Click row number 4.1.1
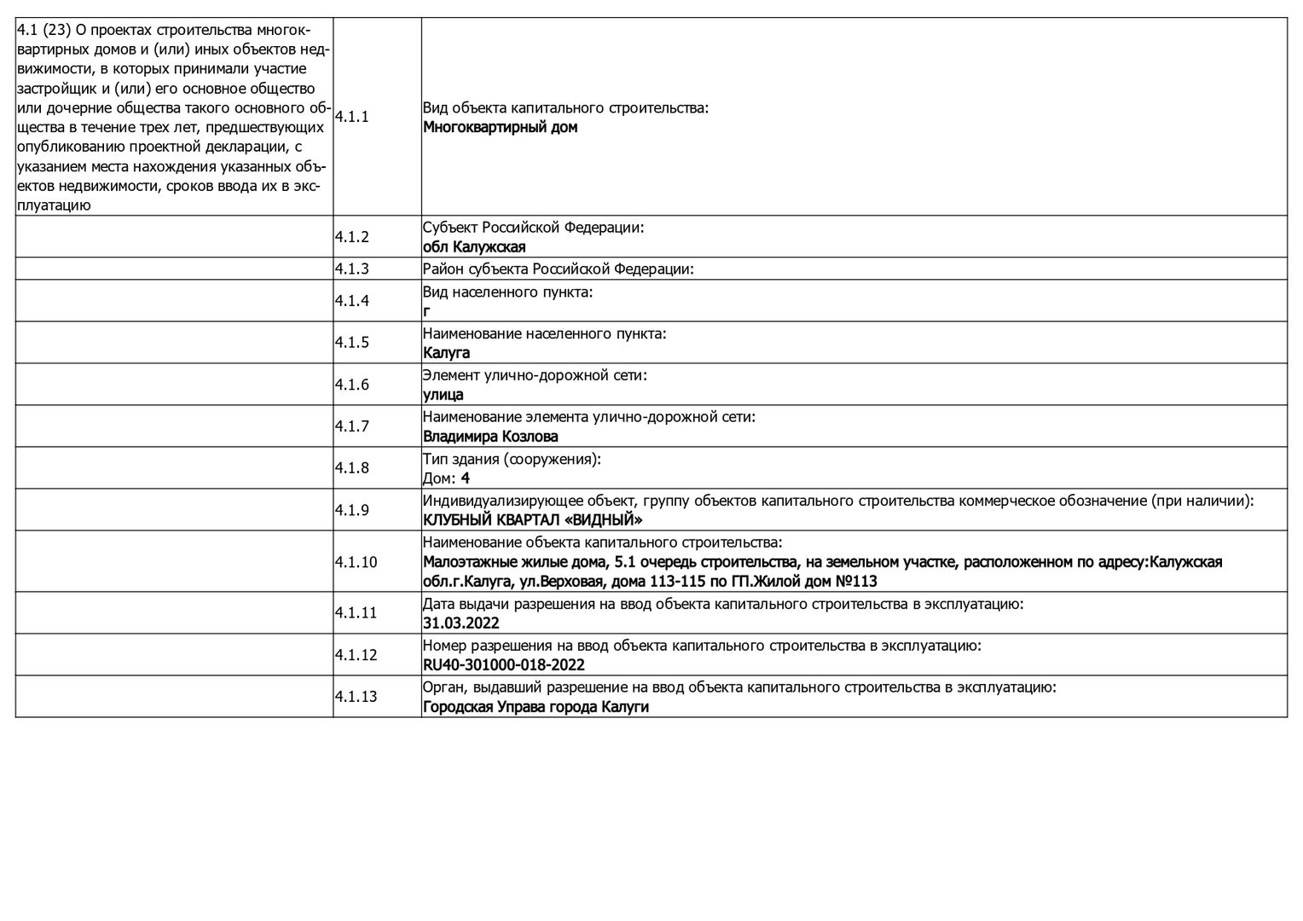pyautogui.click(x=351, y=117)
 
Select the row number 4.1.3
pyautogui.click(x=351, y=269)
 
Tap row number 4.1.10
pyautogui.click(x=355, y=562)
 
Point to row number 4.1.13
pyautogui.click(x=355, y=697)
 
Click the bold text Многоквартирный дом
pyautogui.click(x=500, y=127)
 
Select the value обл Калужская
pyautogui.click(x=474, y=247)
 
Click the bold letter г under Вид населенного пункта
pyautogui.click(x=426, y=311)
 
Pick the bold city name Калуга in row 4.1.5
pyautogui.click(x=446, y=353)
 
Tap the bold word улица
pyautogui.click(x=443, y=395)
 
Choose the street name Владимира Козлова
pyautogui.click(x=490, y=437)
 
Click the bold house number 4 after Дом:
pyautogui.click(x=466, y=478)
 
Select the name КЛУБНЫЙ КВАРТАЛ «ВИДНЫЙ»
pyautogui.click(x=532, y=520)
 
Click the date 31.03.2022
pyautogui.click(x=460, y=623)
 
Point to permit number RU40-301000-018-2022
pyautogui.click(x=503, y=665)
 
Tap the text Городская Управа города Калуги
pyautogui.click(x=536, y=707)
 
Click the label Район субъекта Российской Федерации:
pyautogui.click(x=558, y=269)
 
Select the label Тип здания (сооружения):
pyautogui.click(x=512, y=459)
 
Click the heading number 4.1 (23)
pyautogui.click(x=43, y=30)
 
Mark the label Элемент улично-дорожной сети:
pyautogui.click(x=535, y=375)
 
